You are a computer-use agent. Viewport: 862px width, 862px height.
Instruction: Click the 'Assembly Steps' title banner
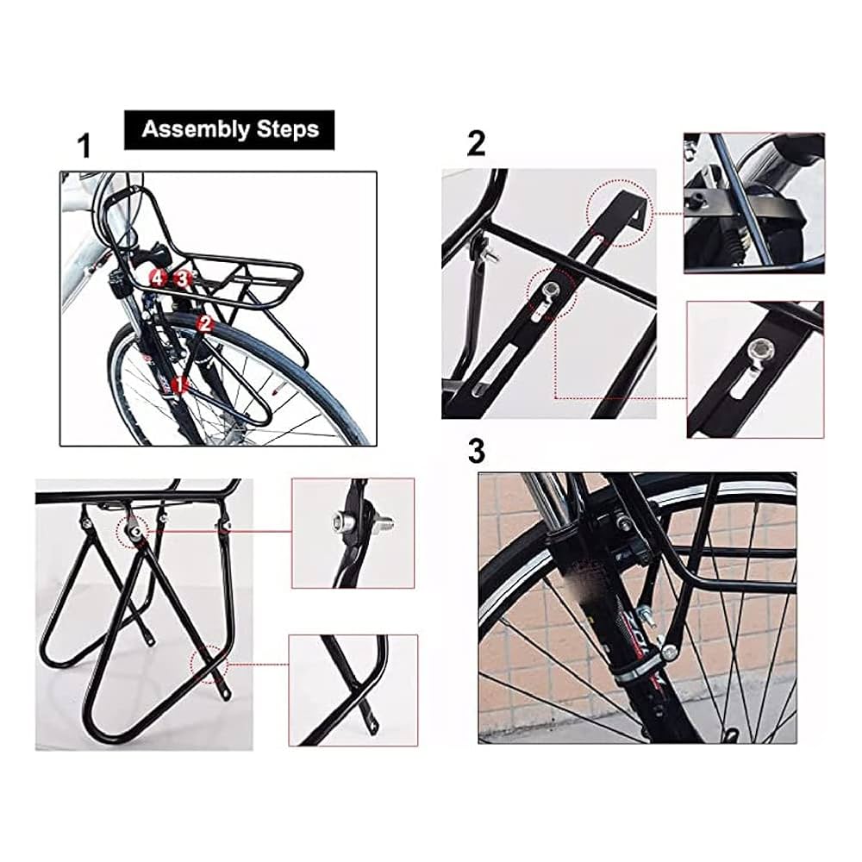[x=229, y=129]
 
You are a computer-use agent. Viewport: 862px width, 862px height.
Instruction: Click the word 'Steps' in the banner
[x=288, y=129]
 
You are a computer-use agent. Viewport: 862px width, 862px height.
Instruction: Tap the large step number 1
[x=84, y=147]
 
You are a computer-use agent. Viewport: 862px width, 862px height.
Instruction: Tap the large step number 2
[x=476, y=144]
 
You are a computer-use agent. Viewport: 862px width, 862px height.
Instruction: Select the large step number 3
[x=476, y=450]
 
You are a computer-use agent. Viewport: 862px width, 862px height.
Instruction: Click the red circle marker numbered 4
[x=157, y=278]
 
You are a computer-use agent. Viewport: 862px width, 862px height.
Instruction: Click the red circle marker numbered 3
[x=182, y=278]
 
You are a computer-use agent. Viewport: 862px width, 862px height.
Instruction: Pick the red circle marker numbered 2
[x=205, y=324]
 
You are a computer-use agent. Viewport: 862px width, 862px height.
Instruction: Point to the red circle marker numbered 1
[x=178, y=384]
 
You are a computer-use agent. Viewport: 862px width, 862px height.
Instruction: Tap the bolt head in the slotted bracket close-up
[x=762, y=349]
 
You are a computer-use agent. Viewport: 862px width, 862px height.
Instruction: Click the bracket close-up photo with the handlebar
[x=753, y=203]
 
